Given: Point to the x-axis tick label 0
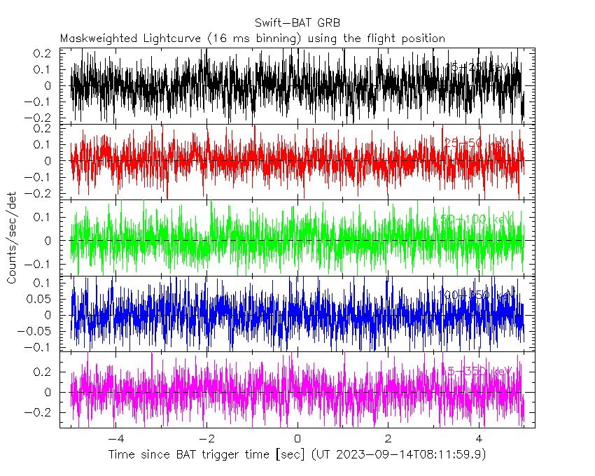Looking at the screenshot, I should [x=297, y=438].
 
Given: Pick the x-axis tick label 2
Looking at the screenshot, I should [x=388, y=438].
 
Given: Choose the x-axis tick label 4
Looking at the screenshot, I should [x=479, y=438].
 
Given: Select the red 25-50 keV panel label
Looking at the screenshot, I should [x=477, y=143].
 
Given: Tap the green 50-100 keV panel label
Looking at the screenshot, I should [x=475, y=220].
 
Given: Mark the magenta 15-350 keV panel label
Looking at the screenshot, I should [x=475, y=371].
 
